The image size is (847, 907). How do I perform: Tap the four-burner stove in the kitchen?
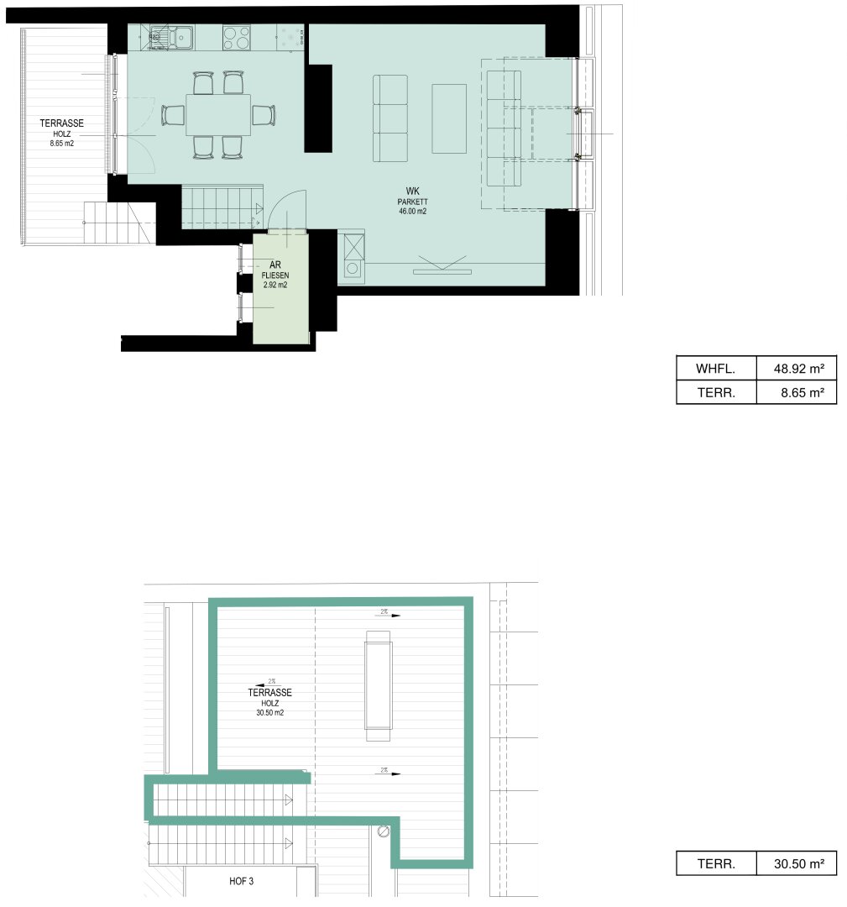[x=236, y=37]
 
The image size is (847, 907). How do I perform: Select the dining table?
[x=218, y=115]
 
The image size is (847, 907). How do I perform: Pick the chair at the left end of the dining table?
[x=174, y=115]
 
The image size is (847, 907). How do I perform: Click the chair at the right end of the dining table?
[x=264, y=115]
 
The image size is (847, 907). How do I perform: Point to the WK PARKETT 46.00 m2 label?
[x=413, y=202]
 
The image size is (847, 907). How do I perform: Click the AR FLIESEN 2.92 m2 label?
[x=275, y=274]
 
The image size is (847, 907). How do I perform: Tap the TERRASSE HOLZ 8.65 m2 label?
[x=61, y=133]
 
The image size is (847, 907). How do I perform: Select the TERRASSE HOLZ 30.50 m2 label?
[x=270, y=702]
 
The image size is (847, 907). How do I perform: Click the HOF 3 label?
[x=241, y=882]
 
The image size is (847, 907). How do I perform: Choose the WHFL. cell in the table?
[x=716, y=368]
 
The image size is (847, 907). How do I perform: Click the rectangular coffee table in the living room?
[x=449, y=118]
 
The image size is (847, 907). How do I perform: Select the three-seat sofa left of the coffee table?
[x=390, y=118]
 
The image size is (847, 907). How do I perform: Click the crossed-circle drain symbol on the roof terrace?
[x=384, y=831]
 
